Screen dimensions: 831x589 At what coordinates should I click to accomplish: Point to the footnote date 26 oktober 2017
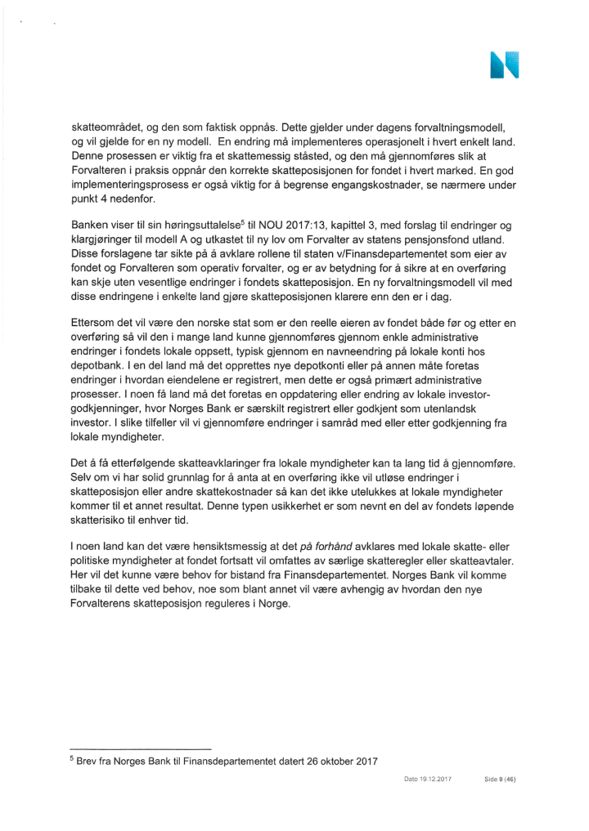pyautogui.click(x=336, y=763)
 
